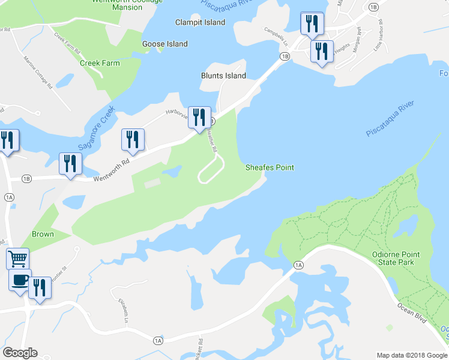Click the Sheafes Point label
(270, 167)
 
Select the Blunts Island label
(223, 76)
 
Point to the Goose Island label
(164, 44)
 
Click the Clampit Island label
(200, 22)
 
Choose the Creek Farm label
(100, 63)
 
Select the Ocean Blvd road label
(411, 310)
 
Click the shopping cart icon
(17, 259)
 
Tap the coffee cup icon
(20, 280)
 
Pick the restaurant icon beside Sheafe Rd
(199, 117)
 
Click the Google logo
(20, 353)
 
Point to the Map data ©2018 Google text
(412, 355)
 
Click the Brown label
(43, 234)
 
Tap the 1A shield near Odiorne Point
(298, 265)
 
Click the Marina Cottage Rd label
(38, 73)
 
